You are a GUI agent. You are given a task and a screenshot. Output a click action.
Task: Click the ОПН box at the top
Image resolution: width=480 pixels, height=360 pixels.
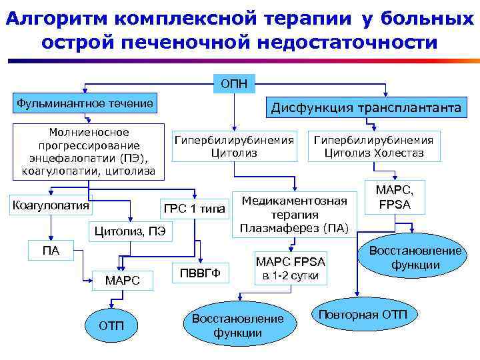point(234,84)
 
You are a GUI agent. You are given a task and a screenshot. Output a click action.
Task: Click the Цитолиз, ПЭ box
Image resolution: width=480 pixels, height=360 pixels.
point(129,232)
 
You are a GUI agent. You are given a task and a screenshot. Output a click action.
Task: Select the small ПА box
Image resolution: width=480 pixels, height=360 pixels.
point(51,251)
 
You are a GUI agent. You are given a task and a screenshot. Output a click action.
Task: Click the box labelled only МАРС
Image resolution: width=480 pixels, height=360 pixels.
point(123,281)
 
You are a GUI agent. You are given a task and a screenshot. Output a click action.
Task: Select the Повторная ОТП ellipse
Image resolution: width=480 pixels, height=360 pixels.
point(358,315)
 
